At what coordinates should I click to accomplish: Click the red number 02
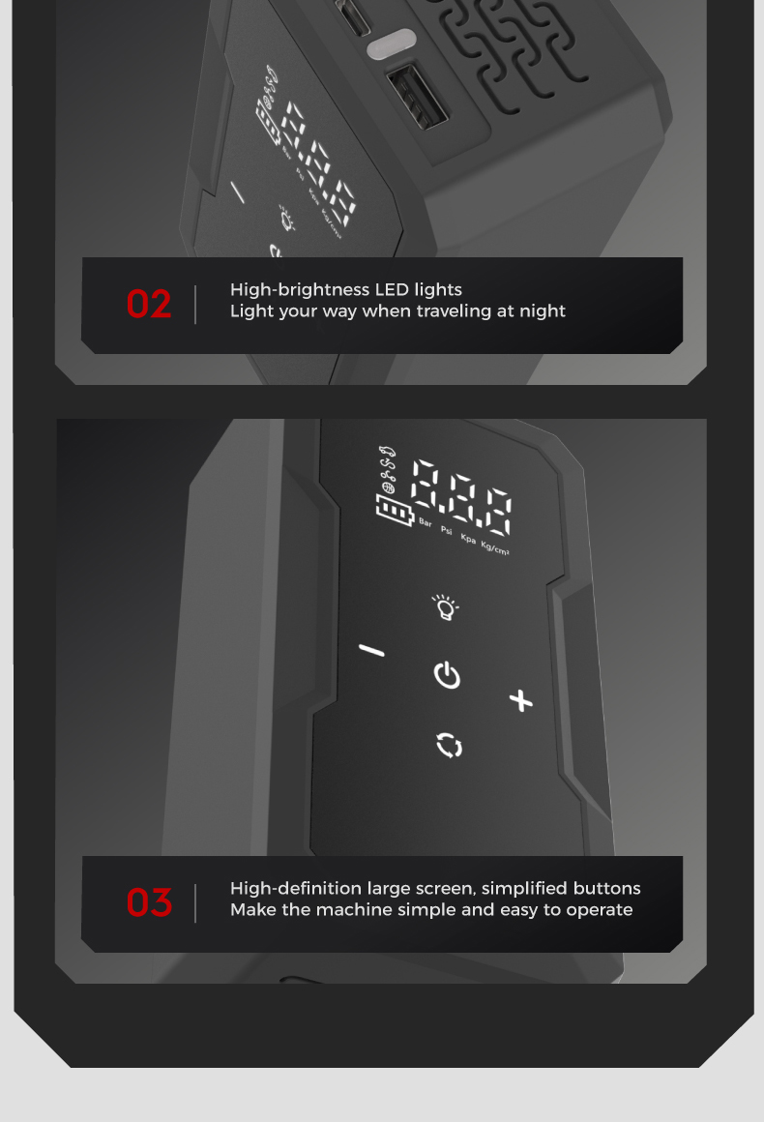(149, 304)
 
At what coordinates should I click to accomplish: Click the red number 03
(149, 902)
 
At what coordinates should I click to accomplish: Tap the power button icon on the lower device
(447, 675)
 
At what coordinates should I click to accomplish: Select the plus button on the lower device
(521, 700)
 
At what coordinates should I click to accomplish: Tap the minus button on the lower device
(371, 650)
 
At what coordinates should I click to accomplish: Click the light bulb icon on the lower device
(445, 606)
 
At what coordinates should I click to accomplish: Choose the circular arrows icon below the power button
(450, 745)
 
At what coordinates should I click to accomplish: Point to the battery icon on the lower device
(395, 510)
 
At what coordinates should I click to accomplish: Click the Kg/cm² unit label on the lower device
(495, 548)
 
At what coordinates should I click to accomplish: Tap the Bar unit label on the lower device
(426, 522)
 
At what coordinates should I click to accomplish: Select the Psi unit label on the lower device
(447, 530)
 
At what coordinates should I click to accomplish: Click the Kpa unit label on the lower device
(468, 538)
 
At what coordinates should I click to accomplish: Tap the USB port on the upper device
(417, 98)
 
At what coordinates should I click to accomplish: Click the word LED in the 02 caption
(392, 289)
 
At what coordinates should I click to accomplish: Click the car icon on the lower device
(386, 451)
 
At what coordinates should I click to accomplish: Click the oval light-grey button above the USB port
(391, 43)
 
